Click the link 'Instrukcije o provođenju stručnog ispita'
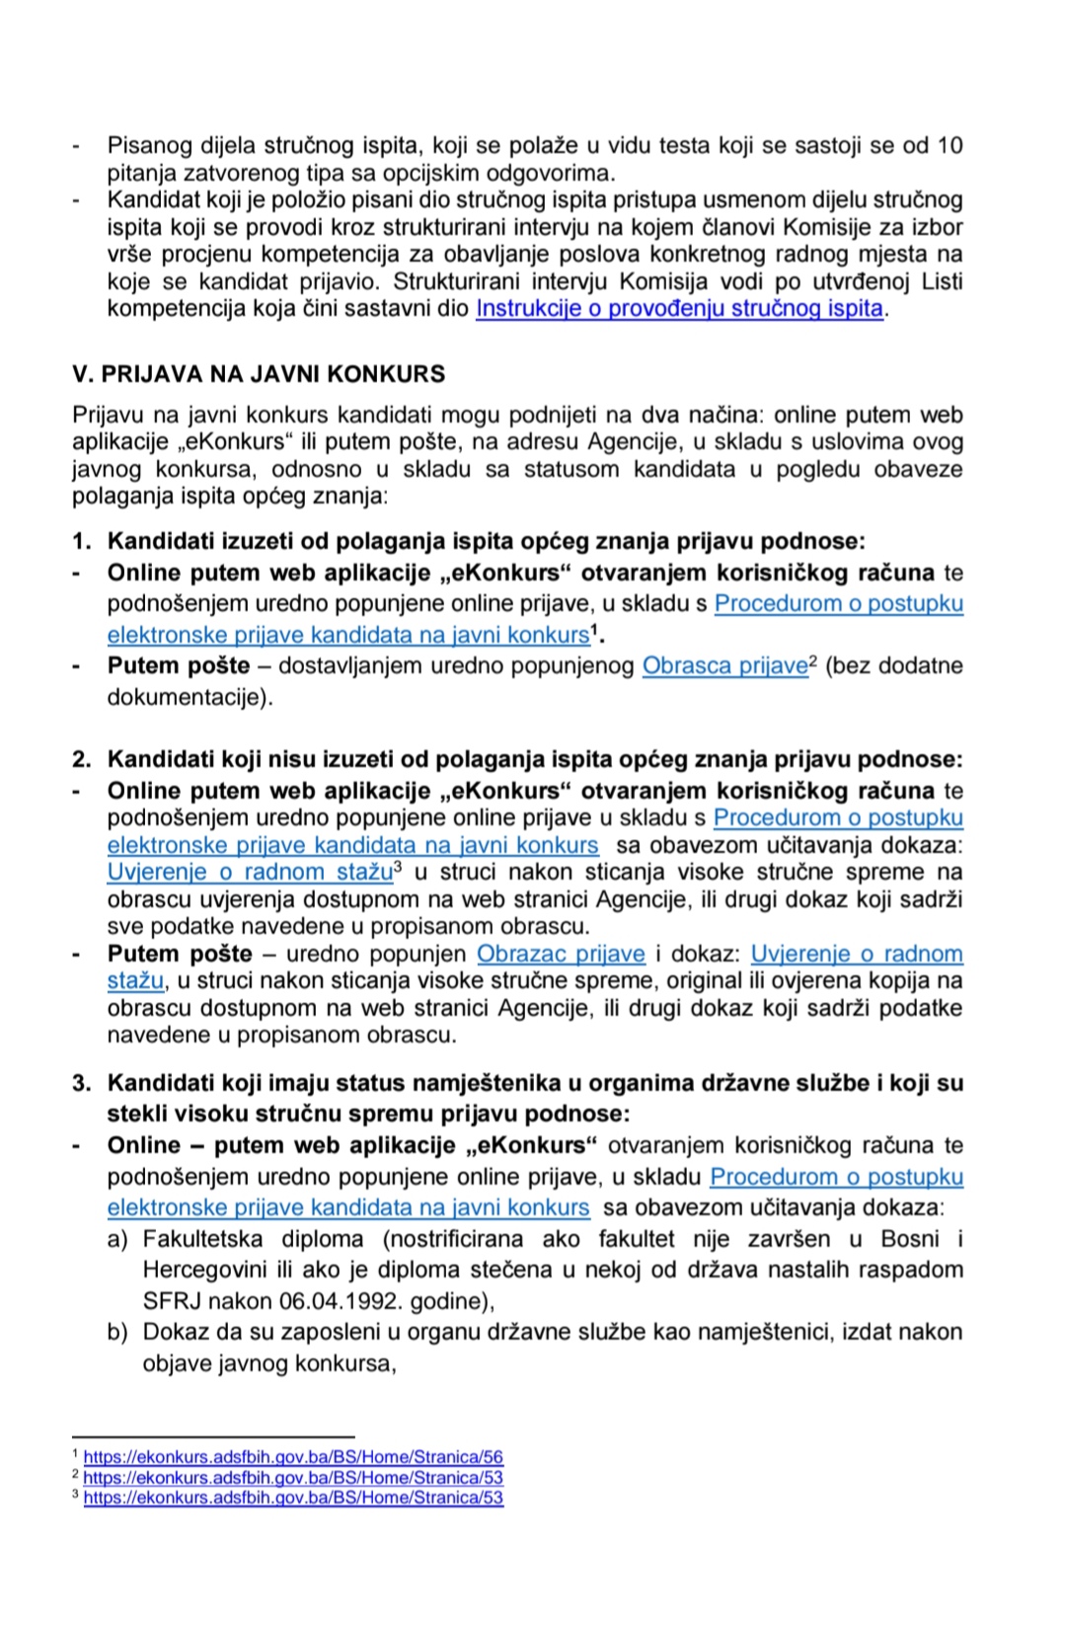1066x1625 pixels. (679, 308)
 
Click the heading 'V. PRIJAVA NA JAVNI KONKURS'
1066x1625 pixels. (259, 374)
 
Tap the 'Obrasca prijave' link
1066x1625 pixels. (724, 665)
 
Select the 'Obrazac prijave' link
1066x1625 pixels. (561, 954)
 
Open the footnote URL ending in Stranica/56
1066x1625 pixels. (293, 1456)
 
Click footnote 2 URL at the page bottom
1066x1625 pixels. (293, 1477)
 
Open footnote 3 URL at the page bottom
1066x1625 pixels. (293, 1497)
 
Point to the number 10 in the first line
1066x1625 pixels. (949, 146)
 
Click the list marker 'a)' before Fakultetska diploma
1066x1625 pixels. (117, 1238)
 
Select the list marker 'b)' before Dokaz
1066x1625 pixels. (117, 1332)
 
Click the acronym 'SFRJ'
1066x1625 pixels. (171, 1300)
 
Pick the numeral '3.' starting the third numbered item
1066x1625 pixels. (82, 1083)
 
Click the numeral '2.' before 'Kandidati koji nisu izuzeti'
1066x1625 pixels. (82, 759)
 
